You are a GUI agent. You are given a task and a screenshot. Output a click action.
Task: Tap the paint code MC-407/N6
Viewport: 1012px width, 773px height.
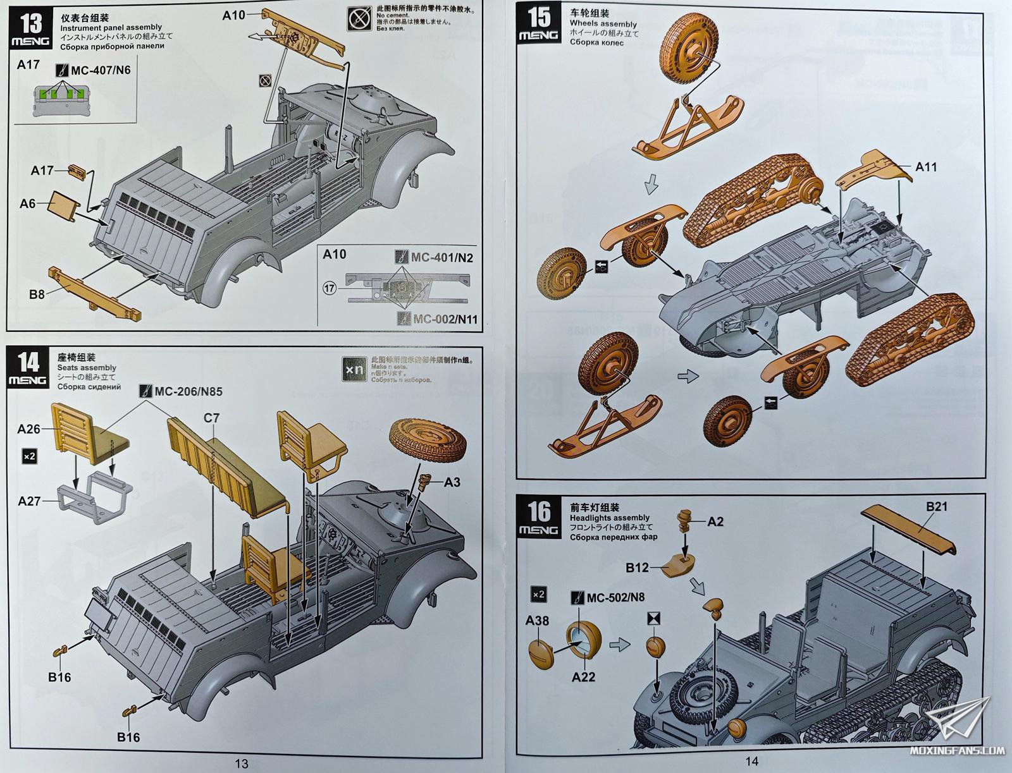101,70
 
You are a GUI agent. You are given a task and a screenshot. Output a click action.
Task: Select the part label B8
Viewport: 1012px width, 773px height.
37,293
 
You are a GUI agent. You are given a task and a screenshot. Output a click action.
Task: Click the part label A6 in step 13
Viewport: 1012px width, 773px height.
28,204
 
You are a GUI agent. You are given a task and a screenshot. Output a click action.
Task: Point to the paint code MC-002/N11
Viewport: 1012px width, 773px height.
445,319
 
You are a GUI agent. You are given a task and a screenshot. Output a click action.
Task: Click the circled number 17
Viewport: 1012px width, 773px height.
328,289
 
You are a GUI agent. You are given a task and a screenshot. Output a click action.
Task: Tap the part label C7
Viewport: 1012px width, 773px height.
212,418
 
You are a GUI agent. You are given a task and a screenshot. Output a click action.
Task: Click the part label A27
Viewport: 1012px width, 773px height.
29,501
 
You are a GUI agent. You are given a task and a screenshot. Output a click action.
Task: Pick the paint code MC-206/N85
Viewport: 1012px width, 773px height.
189,391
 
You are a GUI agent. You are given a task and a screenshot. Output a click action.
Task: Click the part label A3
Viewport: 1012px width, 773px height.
452,482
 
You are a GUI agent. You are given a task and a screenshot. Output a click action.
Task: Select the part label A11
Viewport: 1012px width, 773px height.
926,167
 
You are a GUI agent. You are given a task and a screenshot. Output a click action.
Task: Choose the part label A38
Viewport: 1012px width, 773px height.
537,621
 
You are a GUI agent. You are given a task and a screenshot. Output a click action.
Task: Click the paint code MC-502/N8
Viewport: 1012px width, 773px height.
615,597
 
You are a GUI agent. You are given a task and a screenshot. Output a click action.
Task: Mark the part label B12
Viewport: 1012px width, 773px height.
637,567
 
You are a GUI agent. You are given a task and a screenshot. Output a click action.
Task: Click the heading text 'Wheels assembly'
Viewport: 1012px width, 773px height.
603,24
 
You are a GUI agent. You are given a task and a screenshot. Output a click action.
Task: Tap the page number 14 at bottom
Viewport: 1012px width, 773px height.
751,762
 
